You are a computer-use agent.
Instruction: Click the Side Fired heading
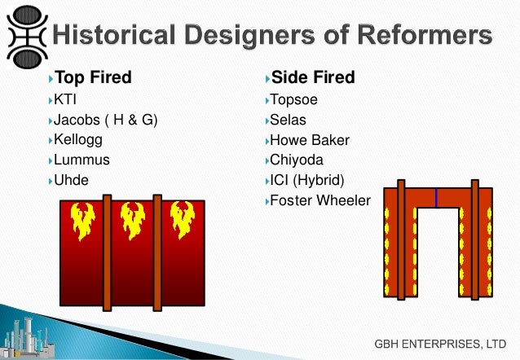(312, 78)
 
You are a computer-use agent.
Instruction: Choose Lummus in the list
(82, 160)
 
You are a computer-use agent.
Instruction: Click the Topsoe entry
(294, 100)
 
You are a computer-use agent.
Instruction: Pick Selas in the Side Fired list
(289, 121)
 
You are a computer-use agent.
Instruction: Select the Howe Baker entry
(310, 140)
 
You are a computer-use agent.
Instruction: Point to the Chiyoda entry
(298, 160)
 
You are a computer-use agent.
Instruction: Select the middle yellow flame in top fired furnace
(132, 219)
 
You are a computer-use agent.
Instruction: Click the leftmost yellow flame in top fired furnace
(82, 219)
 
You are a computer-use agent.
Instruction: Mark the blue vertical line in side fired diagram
(436, 197)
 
